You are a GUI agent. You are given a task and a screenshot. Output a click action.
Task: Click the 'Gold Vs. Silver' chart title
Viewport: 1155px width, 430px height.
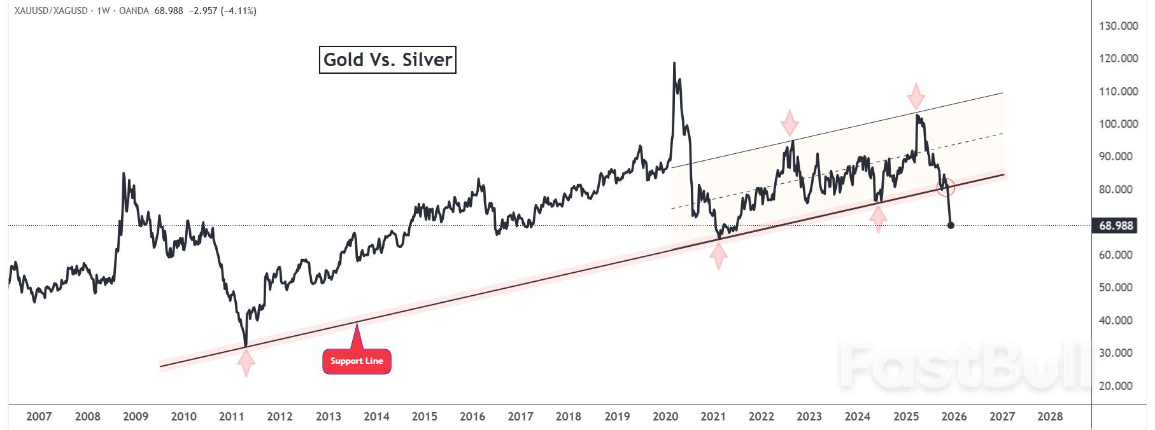(387, 60)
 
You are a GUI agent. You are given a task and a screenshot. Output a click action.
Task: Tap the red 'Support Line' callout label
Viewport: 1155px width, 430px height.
(357, 361)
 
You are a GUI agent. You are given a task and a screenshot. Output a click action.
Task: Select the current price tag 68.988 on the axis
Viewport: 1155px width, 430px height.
(1116, 226)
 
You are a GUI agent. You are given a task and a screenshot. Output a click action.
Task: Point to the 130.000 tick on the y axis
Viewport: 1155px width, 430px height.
(1118, 26)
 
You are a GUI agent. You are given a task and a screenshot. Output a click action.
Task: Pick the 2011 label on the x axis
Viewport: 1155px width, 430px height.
(231, 417)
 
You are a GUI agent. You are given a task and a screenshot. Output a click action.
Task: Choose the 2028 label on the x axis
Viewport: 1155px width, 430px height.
(1050, 417)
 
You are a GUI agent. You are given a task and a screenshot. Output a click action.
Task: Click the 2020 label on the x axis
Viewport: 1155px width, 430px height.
(665, 417)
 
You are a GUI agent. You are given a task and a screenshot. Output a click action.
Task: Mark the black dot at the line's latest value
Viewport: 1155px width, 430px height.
(951, 225)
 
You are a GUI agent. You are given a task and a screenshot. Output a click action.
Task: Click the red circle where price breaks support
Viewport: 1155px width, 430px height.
(946, 187)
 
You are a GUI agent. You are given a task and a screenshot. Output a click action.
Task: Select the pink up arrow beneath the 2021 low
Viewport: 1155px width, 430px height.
(718, 256)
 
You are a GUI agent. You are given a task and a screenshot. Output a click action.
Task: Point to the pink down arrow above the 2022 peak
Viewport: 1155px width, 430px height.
(790, 122)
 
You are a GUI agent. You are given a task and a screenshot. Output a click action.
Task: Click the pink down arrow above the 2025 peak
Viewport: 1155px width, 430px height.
(916, 95)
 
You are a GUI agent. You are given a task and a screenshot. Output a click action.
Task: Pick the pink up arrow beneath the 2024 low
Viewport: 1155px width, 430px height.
(878, 219)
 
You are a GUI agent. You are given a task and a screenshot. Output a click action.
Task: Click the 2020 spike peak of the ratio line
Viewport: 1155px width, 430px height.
(674, 63)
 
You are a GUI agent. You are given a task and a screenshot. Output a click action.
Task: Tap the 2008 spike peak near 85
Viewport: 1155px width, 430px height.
(124, 173)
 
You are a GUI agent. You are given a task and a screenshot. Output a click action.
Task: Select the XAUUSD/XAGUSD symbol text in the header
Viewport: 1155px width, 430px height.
(51, 11)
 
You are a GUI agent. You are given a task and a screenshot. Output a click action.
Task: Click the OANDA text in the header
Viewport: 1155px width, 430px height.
(134, 11)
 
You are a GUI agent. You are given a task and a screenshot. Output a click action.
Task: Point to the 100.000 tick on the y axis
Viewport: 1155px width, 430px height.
(1118, 124)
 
